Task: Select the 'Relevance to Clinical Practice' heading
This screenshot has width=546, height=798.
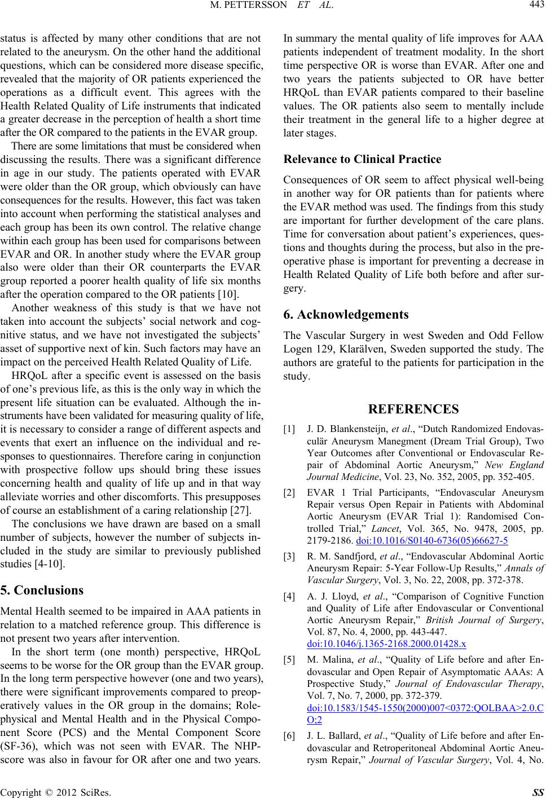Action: coord(362,160)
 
